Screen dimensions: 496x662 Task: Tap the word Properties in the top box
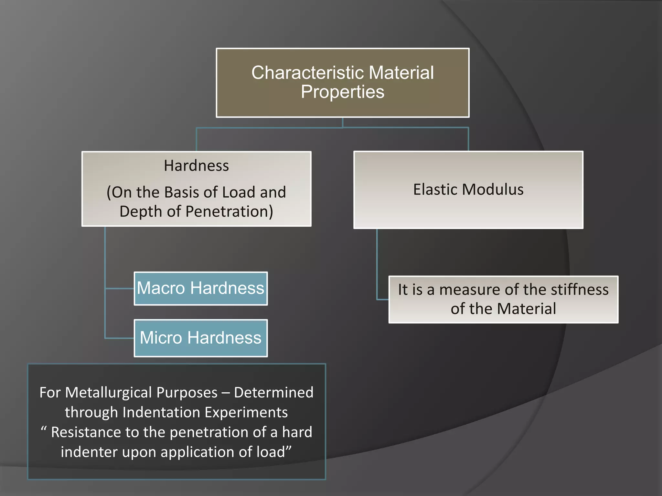343,92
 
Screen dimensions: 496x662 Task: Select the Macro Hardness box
201,288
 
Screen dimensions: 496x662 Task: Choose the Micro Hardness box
201,338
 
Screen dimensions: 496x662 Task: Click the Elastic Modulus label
468,190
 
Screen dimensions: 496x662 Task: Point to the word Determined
273,393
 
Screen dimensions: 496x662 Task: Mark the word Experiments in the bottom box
246,413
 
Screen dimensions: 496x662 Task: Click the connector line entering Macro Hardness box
120,288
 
